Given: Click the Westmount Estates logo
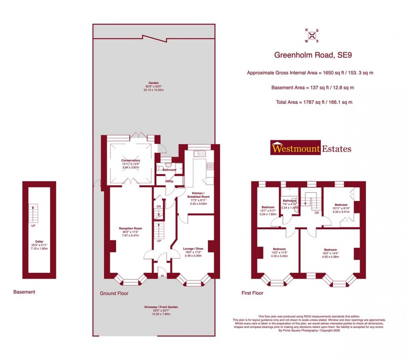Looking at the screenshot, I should pyautogui.click(x=311, y=148).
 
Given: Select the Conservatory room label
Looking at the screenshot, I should pyautogui.click(x=130, y=161).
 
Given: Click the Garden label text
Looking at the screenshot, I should pyautogui.click(x=154, y=83).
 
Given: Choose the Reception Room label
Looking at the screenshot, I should pyautogui.click(x=130, y=228).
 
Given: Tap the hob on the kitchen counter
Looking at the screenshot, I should pyautogui.click(x=211, y=166).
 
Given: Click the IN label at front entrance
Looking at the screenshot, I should pyautogui.click(x=162, y=276).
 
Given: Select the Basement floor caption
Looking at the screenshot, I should pyautogui.click(x=24, y=292).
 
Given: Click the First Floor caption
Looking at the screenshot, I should pyautogui.click(x=252, y=293).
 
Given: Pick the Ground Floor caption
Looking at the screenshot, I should pyautogui.click(x=114, y=293).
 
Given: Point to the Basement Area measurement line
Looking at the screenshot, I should pyautogui.click(x=310, y=88).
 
